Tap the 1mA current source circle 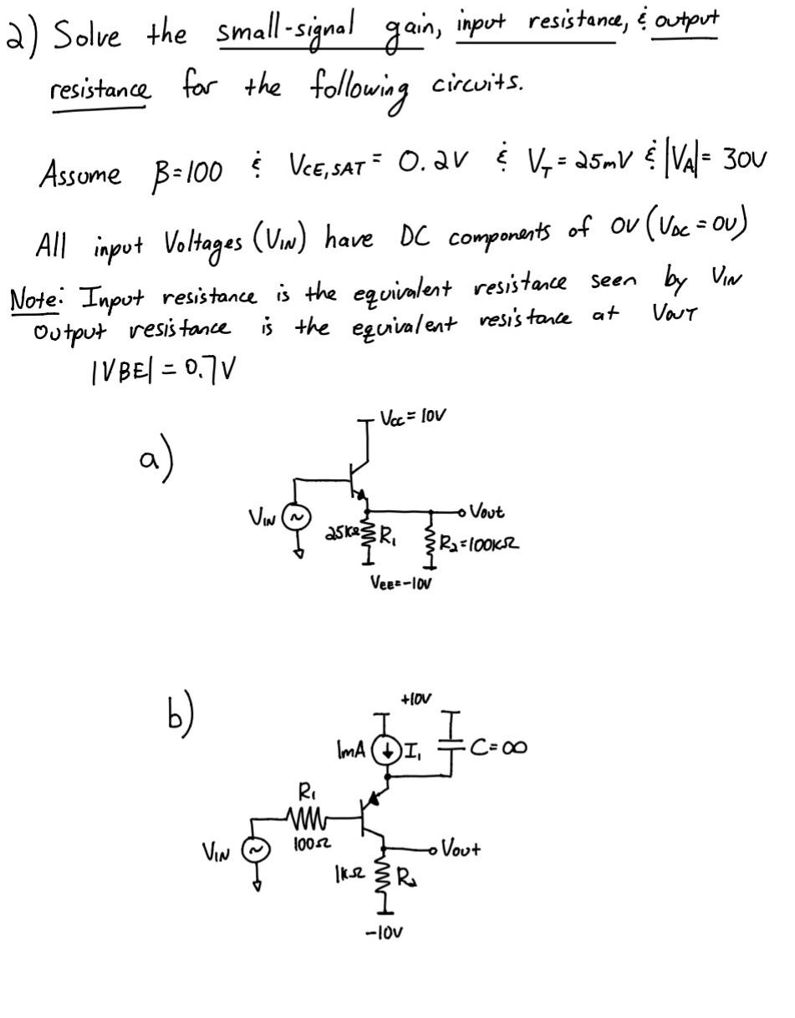[x=386, y=749]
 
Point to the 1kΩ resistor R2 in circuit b [x=385, y=877]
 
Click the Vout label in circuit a [x=487, y=511]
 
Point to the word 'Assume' [x=79, y=175]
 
